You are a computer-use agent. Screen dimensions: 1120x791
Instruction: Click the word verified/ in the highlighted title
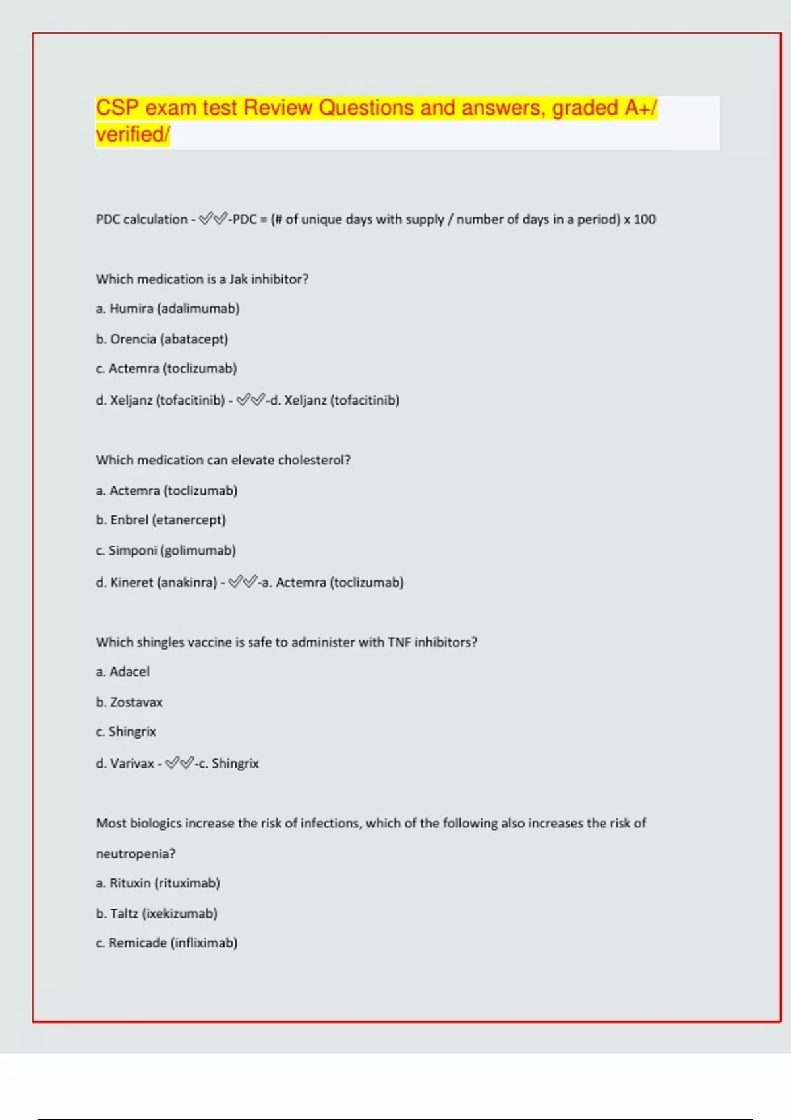(132, 134)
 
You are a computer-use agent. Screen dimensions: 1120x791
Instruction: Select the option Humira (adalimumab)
(167, 308)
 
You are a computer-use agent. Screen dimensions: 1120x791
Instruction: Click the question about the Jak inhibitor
(202, 279)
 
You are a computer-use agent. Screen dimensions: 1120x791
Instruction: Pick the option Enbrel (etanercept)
(161, 520)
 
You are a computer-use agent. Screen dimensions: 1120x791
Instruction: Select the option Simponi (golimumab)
(165, 550)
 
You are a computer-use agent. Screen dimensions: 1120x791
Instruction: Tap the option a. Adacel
(123, 671)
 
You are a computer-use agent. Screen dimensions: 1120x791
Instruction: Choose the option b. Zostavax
(129, 702)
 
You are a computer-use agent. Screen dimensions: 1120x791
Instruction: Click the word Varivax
(132, 764)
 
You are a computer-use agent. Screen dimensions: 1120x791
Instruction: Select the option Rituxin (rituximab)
(158, 883)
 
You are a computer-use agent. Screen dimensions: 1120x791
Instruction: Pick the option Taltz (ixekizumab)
(156, 913)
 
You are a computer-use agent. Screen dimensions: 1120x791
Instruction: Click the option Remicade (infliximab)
(166, 943)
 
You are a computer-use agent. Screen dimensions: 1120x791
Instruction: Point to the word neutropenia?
(136, 854)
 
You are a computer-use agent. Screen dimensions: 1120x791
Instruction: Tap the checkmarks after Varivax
(179, 763)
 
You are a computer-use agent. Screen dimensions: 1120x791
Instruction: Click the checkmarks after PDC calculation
(213, 219)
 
